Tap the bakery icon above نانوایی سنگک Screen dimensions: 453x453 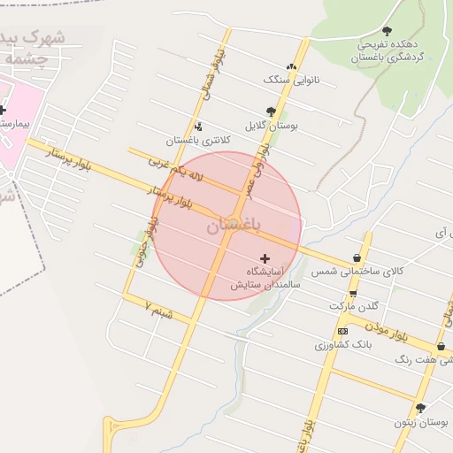coord(292,66)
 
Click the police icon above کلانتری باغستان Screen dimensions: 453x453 coord(197,127)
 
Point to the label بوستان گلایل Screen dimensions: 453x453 coord(271,127)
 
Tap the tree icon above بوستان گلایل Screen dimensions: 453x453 coord(271,112)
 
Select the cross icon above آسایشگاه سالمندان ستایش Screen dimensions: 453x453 coord(265,257)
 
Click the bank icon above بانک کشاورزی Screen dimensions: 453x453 coord(343,331)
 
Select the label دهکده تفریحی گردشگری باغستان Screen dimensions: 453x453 coord(389,50)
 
